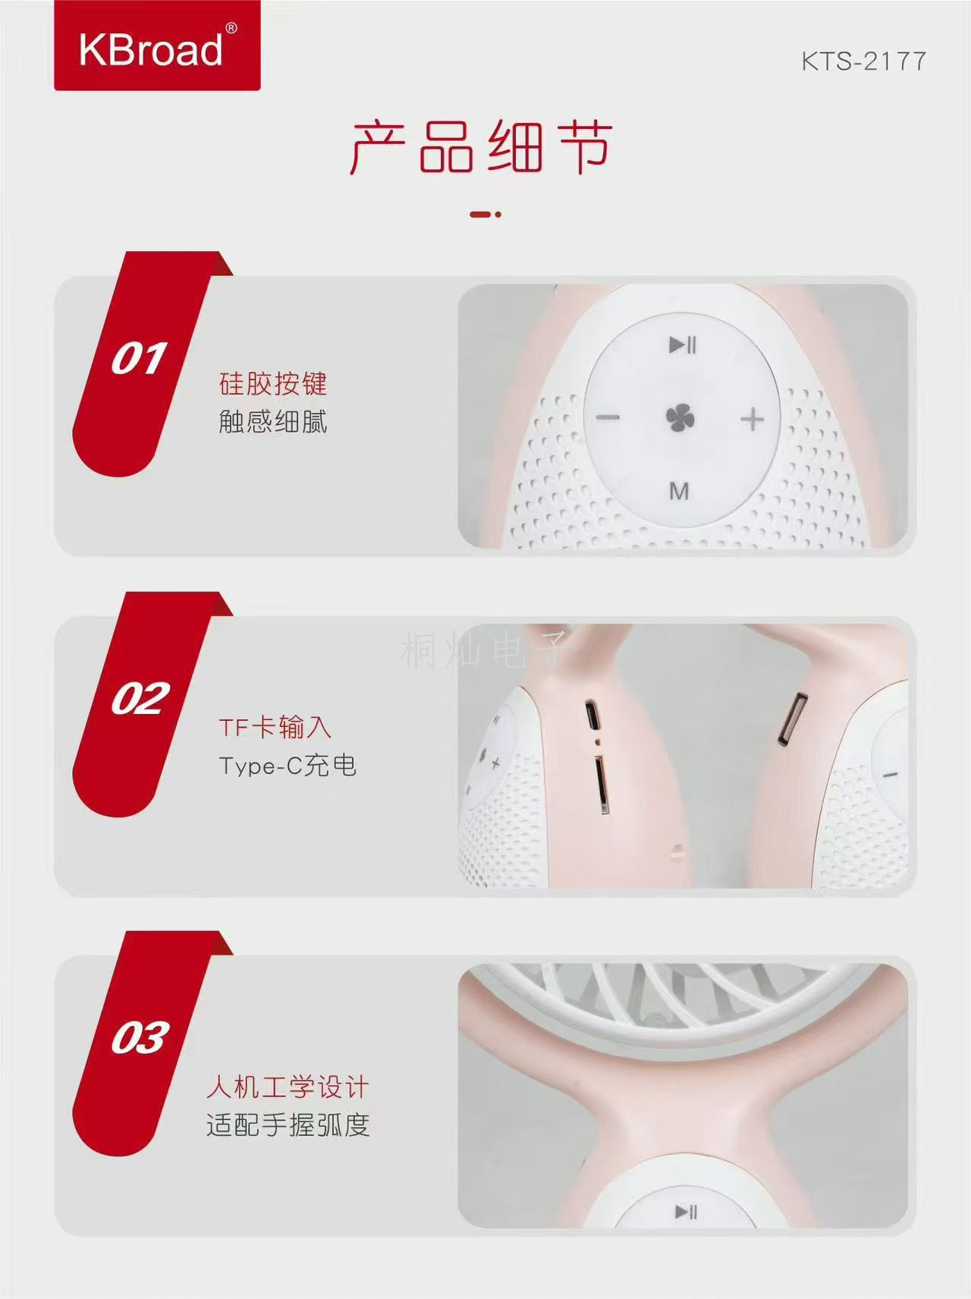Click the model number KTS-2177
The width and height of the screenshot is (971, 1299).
[x=864, y=61]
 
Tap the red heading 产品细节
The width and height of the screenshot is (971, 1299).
[x=481, y=147]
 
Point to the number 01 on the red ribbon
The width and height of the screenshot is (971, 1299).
[x=139, y=358]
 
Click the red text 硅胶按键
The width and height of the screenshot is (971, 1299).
[x=273, y=384]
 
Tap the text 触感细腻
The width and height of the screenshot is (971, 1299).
[x=273, y=421]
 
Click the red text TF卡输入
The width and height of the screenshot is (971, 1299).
[x=275, y=727]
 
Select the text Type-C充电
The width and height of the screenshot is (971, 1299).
[x=288, y=765]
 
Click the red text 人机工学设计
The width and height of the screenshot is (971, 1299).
[x=288, y=1087]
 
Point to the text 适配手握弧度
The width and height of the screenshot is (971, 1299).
[x=288, y=1124]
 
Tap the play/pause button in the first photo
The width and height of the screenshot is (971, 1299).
[x=682, y=345]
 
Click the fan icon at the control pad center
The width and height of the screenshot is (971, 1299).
[x=680, y=419]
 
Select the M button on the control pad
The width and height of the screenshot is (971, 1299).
[x=679, y=492]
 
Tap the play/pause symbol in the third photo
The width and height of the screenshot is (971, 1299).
[x=686, y=1212]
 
